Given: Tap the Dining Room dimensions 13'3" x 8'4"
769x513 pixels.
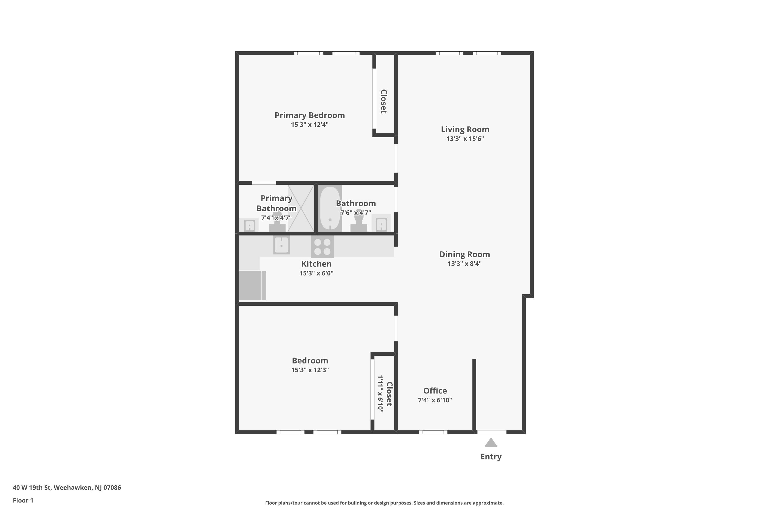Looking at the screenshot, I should tap(464, 264).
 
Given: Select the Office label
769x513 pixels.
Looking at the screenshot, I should tap(435, 391).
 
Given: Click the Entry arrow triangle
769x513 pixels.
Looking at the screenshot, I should tap(491, 443).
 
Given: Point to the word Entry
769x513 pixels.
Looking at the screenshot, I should tap(491, 457).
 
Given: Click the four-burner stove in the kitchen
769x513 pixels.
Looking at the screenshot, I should tap(322, 247).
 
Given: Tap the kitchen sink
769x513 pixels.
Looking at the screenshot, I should tap(281, 245).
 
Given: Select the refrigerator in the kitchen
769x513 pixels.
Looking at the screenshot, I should tap(252, 285).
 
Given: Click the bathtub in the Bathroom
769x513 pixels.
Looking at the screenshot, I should tap(330, 208).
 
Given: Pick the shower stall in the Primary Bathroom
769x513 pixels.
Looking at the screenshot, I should tap(301, 208).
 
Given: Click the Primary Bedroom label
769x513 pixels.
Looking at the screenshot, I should tap(309, 115).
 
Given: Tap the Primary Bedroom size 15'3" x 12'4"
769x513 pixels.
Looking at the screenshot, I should tap(310, 125).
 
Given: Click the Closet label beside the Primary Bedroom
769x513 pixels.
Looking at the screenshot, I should tap(384, 101).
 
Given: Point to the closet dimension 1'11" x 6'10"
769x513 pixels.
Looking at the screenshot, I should tap(380, 394).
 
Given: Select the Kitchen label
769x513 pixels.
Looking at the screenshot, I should tap(316, 264).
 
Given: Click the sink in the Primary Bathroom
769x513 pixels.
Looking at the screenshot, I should tap(249, 225).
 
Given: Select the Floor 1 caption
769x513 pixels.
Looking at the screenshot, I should tap(23, 500).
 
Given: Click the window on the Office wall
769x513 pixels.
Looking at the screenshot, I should tap(433, 432).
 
